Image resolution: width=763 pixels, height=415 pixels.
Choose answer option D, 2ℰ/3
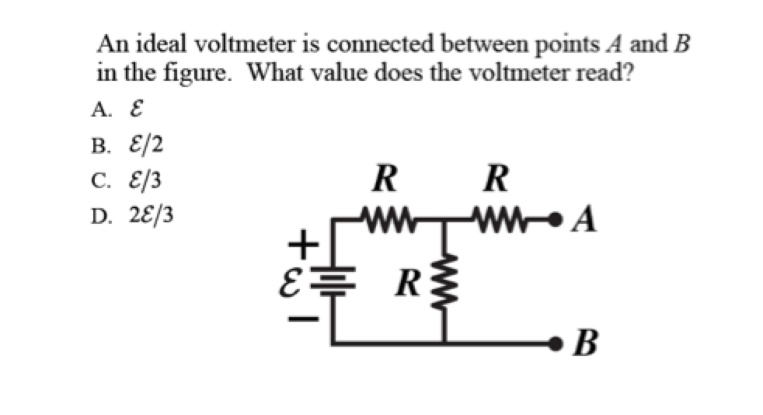coord(151,216)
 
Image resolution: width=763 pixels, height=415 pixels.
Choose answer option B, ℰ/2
coord(146,145)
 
